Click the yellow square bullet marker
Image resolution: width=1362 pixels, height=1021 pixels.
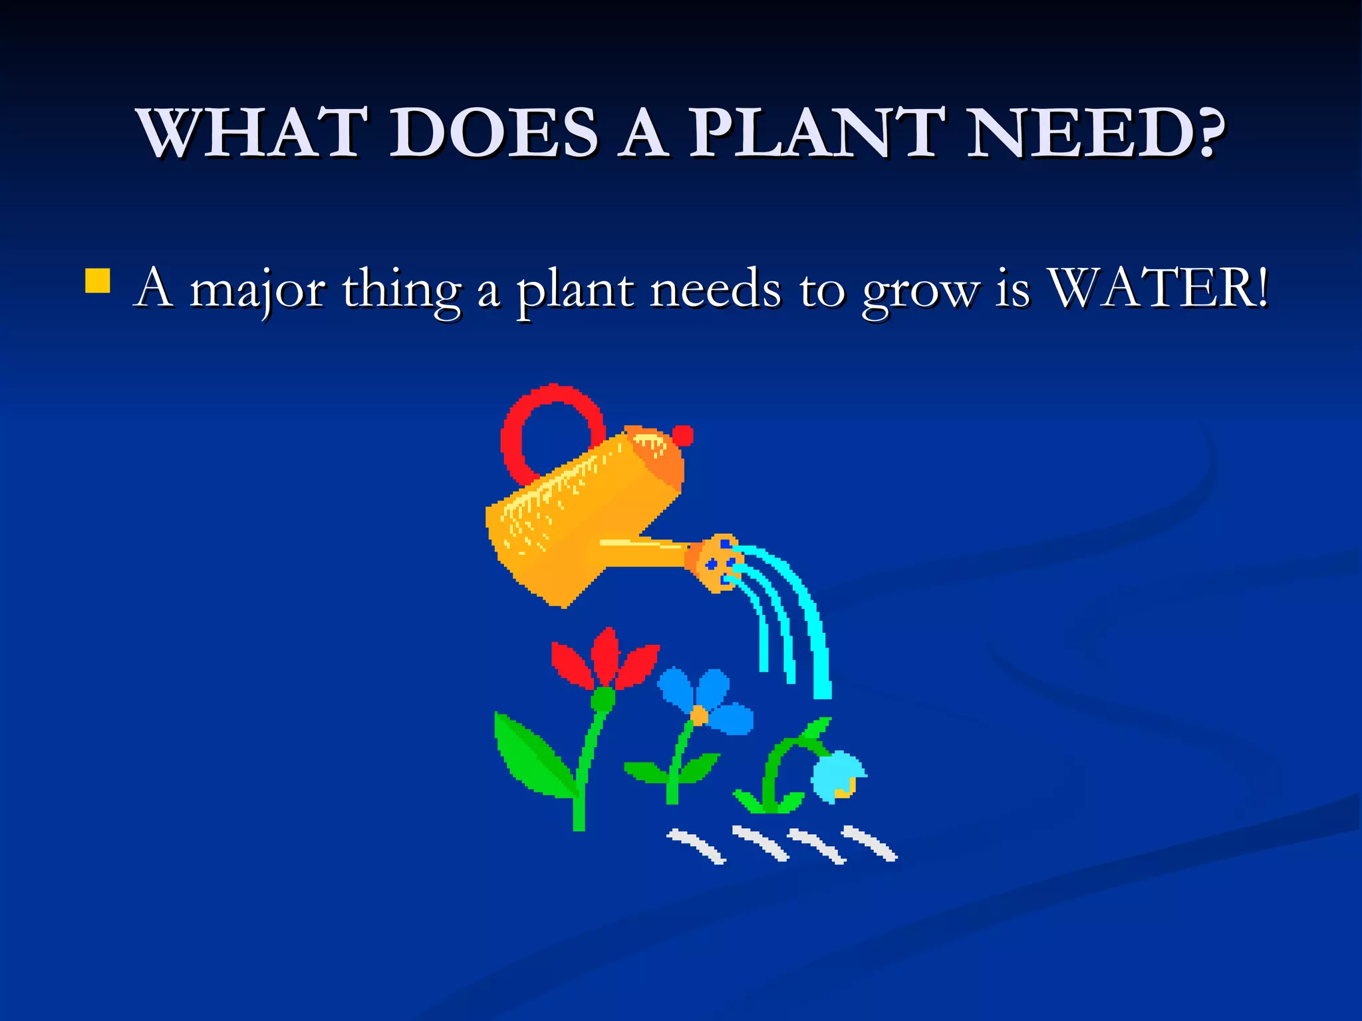tap(98, 281)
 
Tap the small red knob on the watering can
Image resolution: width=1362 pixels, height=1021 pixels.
tap(682, 435)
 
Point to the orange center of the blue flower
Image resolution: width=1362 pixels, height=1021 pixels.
tap(699, 715)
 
